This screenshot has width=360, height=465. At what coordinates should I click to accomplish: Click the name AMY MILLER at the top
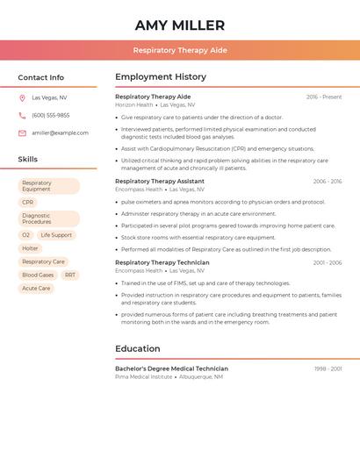coord(180,25)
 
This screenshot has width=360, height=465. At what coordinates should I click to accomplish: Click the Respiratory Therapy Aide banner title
coord(180,50)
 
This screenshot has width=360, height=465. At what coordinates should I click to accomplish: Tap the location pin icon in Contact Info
coord(22,97)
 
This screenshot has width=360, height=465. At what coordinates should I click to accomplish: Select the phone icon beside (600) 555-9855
coord(22,115)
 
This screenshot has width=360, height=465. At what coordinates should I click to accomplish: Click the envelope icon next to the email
coord(22,132)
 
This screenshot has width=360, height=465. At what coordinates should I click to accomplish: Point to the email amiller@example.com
coord(60,132)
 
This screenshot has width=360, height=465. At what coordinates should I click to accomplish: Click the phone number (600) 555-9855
coord(50,115)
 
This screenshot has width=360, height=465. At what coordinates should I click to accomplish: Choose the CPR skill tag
coord(28,202)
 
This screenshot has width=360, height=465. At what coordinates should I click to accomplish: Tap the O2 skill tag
coord(26,235)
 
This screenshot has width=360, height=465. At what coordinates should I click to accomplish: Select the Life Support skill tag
coord(56,235)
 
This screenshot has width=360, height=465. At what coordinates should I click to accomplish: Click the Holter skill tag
coord(30,248)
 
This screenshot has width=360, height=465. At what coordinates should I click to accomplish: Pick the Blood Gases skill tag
coord(38,275)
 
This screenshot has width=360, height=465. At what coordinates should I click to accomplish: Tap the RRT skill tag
coord(70,275)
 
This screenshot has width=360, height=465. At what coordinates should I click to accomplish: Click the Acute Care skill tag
coord(36,288)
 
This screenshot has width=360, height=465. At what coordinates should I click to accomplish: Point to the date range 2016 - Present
coord(324,97)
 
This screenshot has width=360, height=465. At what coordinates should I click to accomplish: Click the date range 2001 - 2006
coord(328,262)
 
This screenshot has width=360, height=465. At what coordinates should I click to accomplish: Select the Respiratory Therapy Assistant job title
coord(160,181)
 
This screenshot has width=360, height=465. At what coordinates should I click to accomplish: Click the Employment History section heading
coord(161,76)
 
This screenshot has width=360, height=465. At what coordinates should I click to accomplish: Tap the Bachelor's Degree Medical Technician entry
coord(171,368)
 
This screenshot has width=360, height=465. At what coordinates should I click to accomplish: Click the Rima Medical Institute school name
coord(143,376)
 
